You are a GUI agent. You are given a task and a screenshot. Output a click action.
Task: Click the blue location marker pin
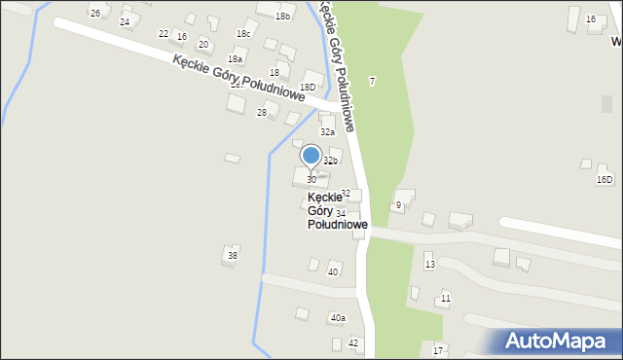pos(311,157)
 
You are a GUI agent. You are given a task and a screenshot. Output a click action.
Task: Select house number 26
pos(94,13)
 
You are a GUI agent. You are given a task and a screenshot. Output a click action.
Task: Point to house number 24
pos(124,21)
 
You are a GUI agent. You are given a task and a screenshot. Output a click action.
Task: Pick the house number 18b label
pos(282,16)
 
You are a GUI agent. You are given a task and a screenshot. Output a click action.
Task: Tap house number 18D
pos(308,88)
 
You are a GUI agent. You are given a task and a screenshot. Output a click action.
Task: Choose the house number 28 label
pos(261,113)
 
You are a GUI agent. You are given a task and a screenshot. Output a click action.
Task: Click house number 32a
pos(328,131)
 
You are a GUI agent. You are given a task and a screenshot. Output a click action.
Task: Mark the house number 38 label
pos(232,256)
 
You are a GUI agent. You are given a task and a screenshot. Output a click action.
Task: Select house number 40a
pos(338,317)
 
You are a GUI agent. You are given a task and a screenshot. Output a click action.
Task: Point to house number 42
pos(353,343)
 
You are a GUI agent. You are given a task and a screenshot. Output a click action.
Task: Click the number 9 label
pos(398,204)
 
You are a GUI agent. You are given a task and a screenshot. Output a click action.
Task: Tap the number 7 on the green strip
pos(372,80)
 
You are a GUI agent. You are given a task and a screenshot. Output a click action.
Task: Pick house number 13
pos(429,265)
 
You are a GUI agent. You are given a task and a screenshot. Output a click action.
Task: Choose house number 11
pos(445,297)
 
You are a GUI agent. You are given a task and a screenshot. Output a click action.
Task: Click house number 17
pos(438,350)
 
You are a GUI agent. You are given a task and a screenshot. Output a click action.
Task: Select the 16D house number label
pos(605,179)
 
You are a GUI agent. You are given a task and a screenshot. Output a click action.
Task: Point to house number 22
pos(163,33)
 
